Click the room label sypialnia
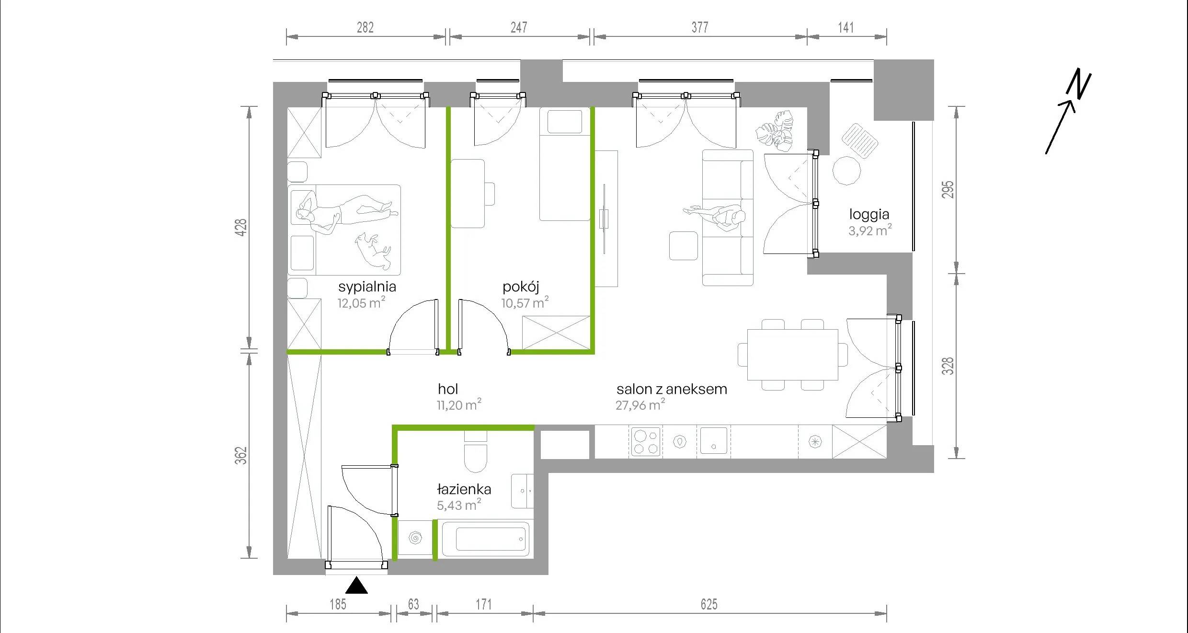pyautogui.click(x=367, y=287)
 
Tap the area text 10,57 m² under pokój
pyautogui.click(x=525, y=303)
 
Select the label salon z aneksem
pyautogui.click(x=672, y=389)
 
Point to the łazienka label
pyautogui.click(x=464, y=489)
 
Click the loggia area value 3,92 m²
pyautogui.click(x=870, y=230)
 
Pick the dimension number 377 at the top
pyautogui.click(x=700, y=27)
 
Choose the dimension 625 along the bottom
pyautogui.click(x=709, y=604)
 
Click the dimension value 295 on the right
pyautogui.click(x=948, y=189)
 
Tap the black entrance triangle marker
pyautogui.click(x=356, y=587)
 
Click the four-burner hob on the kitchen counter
pyautogui.click(x=645, y=441)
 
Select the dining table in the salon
pyautogui.click(x=793, y=355)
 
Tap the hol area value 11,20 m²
pyautogui.click(x=459, y=405)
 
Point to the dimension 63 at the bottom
pyautogui.click(x=413, y=604)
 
